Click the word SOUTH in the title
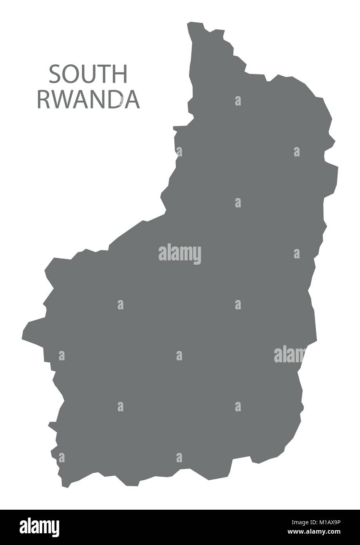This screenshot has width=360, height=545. [88, 74]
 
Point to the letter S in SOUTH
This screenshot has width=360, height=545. [55, 74]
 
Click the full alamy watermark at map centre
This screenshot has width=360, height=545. [180, 254]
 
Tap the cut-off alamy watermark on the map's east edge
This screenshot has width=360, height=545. [289, 355]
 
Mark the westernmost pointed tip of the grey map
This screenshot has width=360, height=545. [23, 336]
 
